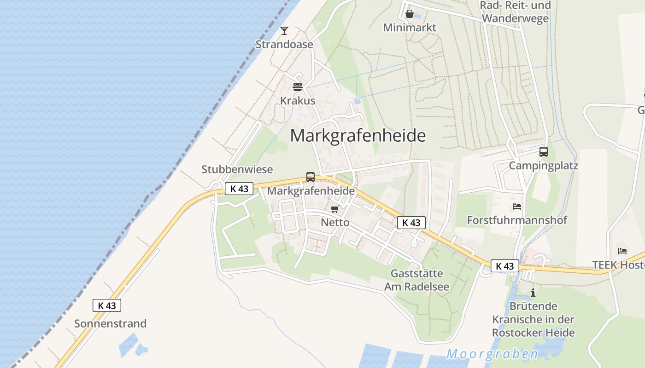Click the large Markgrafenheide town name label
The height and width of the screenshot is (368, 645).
pos(358,136)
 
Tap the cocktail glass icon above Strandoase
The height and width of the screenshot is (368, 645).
pos(284,31)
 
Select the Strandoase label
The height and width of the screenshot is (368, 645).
pos(284,45)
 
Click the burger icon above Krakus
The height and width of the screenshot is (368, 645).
pos(298,87)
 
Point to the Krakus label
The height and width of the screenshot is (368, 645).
pos(298,101)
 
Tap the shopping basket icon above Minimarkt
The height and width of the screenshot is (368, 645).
pos(409,14)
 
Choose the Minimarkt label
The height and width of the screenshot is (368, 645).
pos(410,28)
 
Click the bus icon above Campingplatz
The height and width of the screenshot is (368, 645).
pos(544,152)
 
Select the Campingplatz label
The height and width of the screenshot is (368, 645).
pos(543,166)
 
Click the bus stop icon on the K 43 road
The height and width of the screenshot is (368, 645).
pos(311,177)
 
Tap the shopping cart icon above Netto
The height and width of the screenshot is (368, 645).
pos(335,209)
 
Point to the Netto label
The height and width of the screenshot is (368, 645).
pos(335,223)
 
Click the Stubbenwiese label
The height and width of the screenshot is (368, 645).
pos(237,169)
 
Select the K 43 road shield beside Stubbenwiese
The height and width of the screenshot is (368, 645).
pos(239,189)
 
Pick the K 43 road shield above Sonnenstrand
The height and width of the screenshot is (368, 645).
pos(107,305)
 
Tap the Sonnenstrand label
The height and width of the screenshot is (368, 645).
pos(110,323)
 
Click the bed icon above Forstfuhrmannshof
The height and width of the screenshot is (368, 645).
pos(517,207)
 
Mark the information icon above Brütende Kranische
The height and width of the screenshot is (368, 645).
pos(533,293)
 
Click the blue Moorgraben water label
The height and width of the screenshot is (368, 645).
pos(492,354)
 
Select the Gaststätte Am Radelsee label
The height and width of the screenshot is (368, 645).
pos(416,280)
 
